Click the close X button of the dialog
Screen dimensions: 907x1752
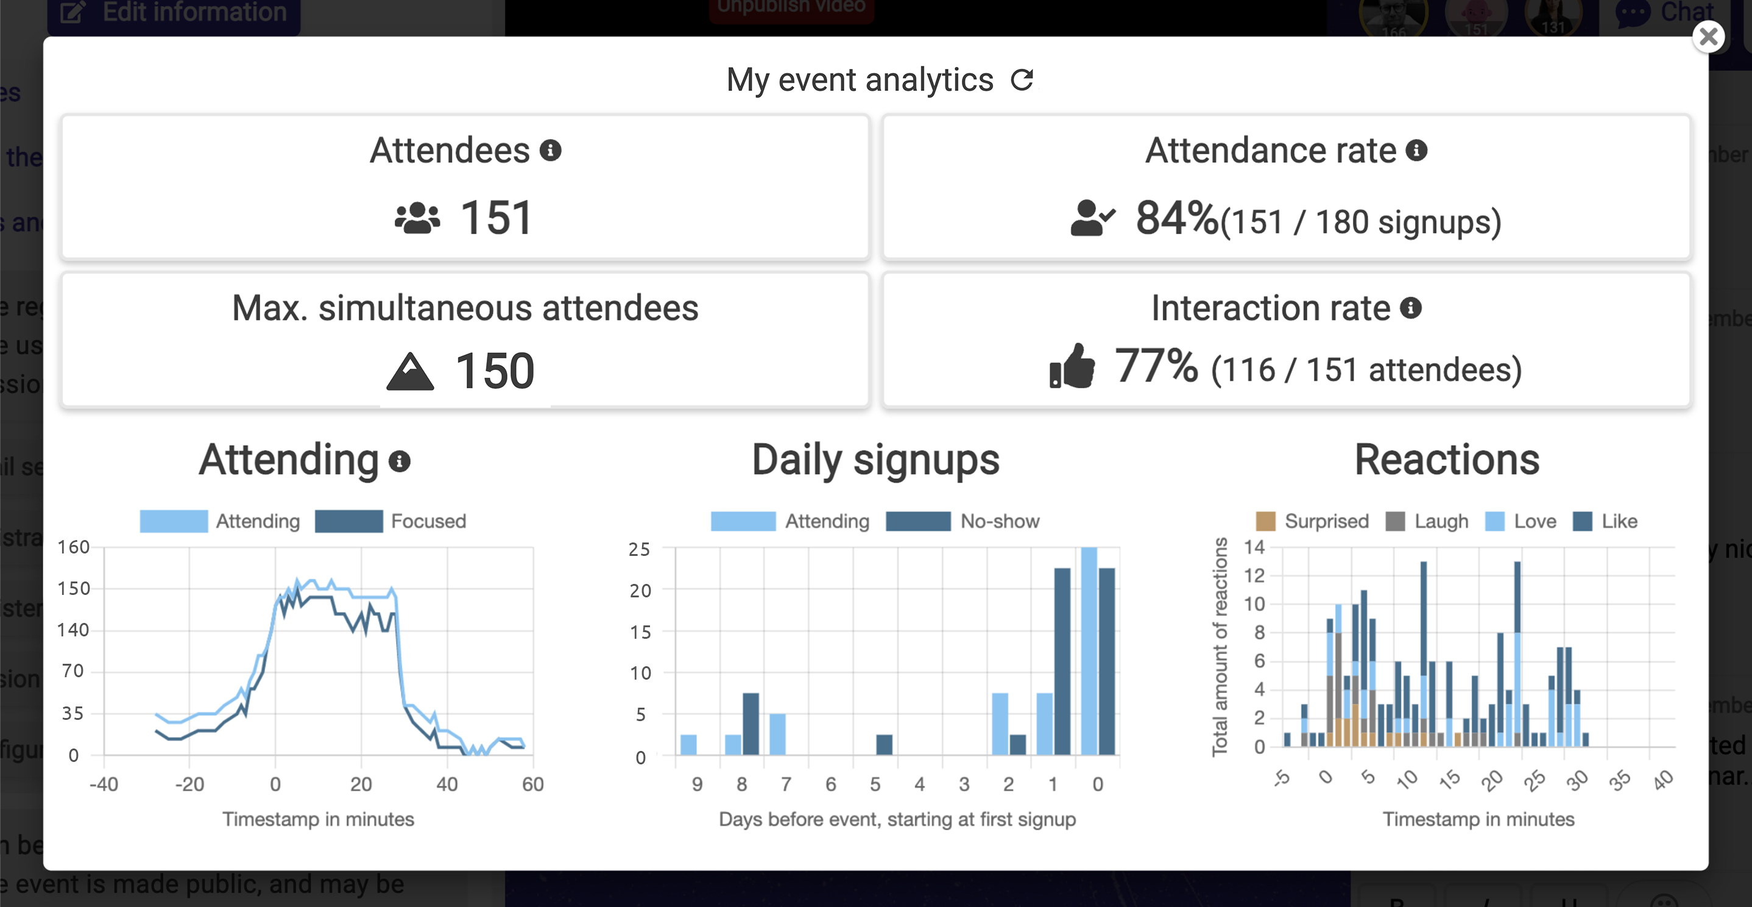1708,37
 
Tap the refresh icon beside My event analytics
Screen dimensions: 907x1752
1022,80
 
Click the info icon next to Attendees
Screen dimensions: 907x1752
550,151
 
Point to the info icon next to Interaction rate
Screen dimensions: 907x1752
1411,308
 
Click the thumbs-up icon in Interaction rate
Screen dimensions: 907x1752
1072,366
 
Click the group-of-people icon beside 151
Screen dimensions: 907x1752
417,218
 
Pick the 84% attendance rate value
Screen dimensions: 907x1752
1176,218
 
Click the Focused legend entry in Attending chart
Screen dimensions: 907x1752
390,521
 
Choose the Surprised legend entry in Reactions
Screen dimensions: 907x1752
1312,521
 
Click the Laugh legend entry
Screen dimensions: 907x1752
1427,521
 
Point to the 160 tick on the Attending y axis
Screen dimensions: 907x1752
74,547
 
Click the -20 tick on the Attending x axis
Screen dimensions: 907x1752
189,784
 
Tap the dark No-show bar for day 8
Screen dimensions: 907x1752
751,724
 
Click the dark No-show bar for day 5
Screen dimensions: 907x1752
884,744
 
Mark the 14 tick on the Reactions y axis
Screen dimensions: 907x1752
1254,547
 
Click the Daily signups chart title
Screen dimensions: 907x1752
875,460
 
